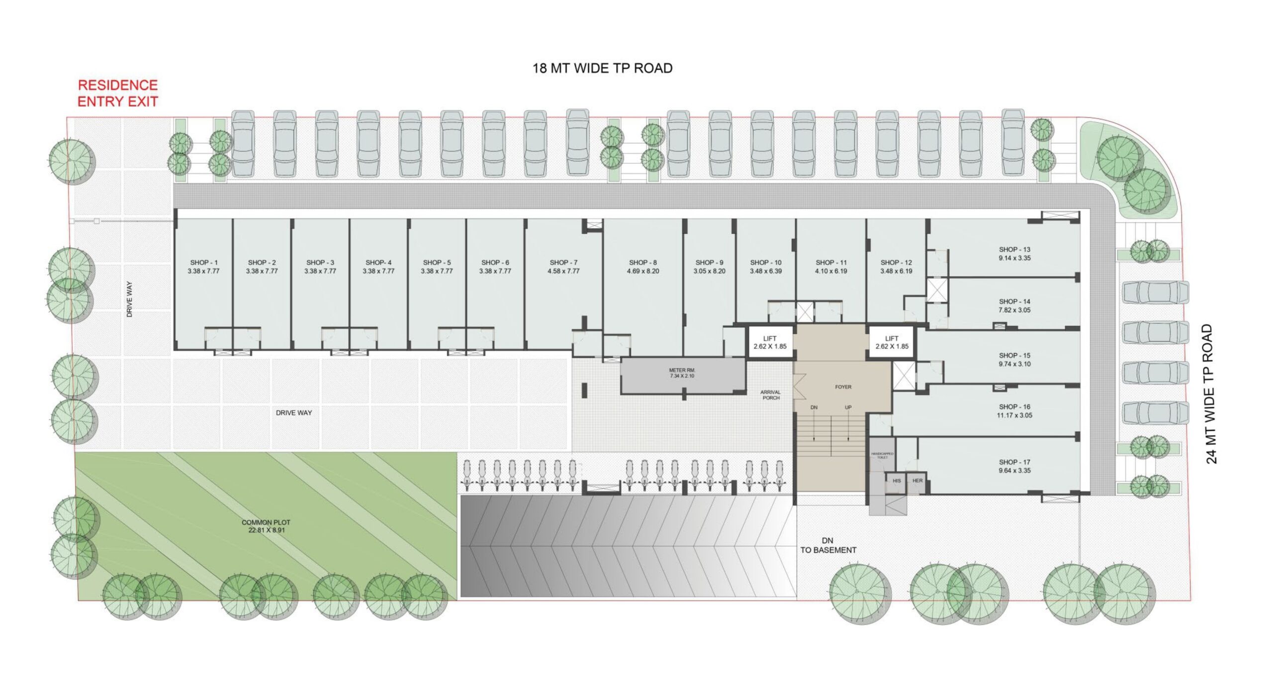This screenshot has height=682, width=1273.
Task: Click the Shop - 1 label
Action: coord(204,262)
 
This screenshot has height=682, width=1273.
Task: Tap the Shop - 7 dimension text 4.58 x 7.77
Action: coord(563,271)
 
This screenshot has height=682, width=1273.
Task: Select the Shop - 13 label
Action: coord(1014,249)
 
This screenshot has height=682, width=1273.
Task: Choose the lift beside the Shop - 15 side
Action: coord(892,342)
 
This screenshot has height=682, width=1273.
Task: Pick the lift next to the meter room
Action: coord(770,342)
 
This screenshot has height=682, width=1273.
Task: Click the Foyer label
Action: coord(843,387)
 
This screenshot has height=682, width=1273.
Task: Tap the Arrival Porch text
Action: coord(770,395)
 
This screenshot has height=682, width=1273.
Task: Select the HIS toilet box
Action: coord(897,481)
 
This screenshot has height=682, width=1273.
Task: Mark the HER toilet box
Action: coord(917,481)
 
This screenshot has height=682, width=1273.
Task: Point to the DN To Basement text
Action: coord(828,545)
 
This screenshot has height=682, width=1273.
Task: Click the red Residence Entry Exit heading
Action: coord(118,93)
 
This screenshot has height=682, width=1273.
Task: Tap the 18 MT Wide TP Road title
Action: coord(602,68)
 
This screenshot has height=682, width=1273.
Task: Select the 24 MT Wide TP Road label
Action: coord(1210,394)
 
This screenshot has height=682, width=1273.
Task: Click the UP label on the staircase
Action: coord(848,407)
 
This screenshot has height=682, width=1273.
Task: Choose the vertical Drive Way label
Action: coord(129,299)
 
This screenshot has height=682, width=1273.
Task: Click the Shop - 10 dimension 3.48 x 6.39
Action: coord(766,271)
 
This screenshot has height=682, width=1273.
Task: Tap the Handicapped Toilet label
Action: coord(882,455)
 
